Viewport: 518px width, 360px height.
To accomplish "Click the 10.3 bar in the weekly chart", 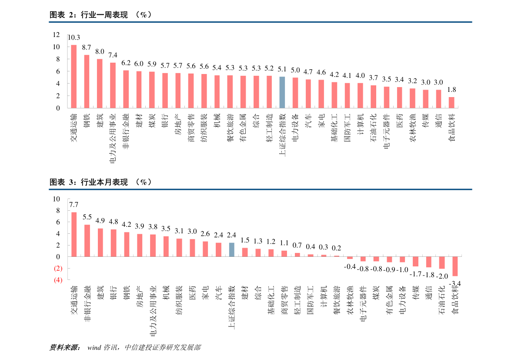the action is pyautogui.click(x=74, y=76).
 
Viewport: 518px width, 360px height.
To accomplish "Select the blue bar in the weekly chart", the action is pyautogui.click(x=282, y=92).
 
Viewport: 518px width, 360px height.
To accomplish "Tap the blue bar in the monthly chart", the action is pyautogui.click(x=231, y=249).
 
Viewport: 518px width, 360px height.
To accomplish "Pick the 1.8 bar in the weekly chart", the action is pyautogui.click(x=451, y=102).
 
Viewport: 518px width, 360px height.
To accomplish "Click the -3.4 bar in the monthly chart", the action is pyautogui.click(x=455, y=266).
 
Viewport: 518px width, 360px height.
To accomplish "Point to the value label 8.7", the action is pyautogui.click(x=87, y=47).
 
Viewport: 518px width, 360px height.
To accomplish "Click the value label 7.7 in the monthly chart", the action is pyautogui.click(x=74, y=205).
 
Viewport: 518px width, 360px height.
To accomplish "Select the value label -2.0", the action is pyautogui.click(x=442, y=276).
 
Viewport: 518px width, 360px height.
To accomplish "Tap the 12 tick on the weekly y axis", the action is pyautogui.click(x=57, y=35).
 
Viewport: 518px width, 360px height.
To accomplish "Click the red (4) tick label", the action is pyautogui.click(x=58, y=280).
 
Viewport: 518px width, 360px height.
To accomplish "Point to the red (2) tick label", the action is pyautogui.click(x=58, y=269).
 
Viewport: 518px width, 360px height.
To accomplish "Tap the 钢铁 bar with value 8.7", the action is pyautogui.click(x=87, y=81).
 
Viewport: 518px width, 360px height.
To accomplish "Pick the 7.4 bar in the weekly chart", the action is pyautogui.click(x=113, y=85).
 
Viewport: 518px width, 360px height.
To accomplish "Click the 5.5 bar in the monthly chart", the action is pyautogui.click(x=87, y=241).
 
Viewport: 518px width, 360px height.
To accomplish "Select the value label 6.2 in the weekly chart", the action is pyautogui.click(x=126, y=63).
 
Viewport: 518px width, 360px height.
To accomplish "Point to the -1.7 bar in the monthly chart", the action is pyautogui.click(x=416, y=262).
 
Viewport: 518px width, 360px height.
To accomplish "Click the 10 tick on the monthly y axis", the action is pyautogui.click(x=57, y=199).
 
